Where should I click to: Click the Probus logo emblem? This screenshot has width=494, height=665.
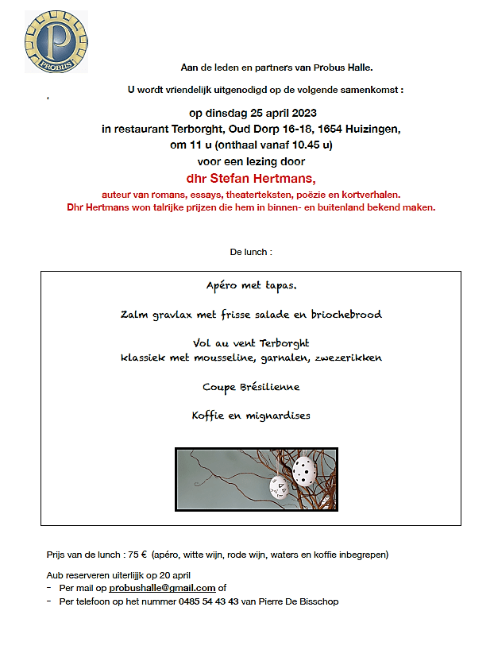(56, 41)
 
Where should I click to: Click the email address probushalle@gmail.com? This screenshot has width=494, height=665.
(162, 588)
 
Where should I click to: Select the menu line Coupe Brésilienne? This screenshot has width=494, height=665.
(250, 387)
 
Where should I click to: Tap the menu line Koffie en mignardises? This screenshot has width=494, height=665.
(250, 416)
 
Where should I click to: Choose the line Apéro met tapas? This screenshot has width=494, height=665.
(251, 285)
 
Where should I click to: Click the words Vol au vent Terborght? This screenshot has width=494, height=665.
(250, 343)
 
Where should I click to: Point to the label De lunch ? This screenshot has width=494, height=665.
(251, 252)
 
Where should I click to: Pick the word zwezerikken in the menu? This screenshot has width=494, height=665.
(349, 358)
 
